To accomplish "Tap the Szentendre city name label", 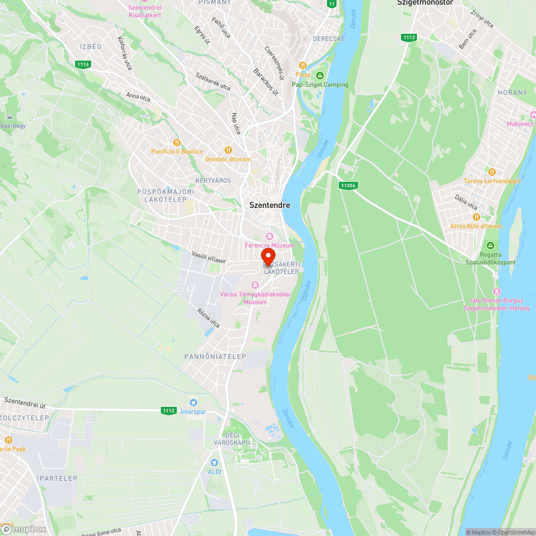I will pyautogui.click(x=270, y=205).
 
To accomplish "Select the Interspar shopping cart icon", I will pyautogui.click(x=193, y=402).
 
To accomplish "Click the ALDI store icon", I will pyautogui.click(x=214, y=462).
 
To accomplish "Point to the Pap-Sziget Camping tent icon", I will pyautogui.click(x=320, y=76).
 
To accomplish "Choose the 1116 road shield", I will pyautogui.click(x=83, y=65).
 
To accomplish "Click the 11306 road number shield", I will pyautogui.click(x=347, y=185).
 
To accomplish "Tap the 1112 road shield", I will pyautogui.click(x=168, y=411).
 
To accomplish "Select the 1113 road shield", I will pyautogui.click(x=408, y=37).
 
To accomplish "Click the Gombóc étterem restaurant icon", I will pyautogui.click(x=228, y=151).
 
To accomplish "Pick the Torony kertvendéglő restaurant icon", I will pyautogui.click(x=492, y=172).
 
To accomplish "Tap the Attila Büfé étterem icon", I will pyautogui.click(x=476, y=217).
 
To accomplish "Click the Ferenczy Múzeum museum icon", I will pyautogui.click(x=270, y=236).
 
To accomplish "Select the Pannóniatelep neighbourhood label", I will pyautogui.click(x=215, y=356).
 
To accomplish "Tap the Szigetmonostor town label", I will pyautogui.click(x=425, y=3).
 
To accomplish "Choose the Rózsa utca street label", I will pyautogui.click(x=209, y=318).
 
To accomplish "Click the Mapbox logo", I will pyautogui.click(x=24, y=529).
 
